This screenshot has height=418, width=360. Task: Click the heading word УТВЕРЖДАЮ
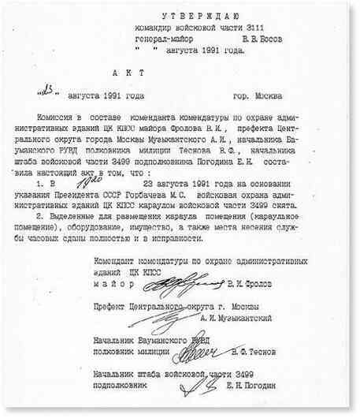(x=195, y=15)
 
